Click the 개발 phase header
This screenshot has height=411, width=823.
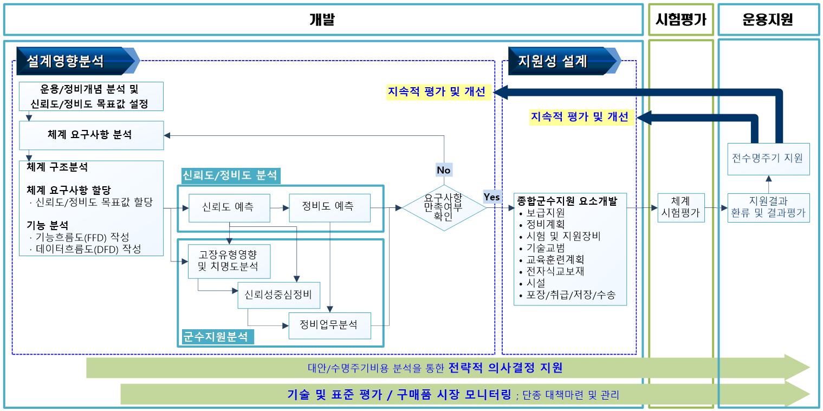tap(323, 20)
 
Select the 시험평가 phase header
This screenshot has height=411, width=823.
tap(681, 20)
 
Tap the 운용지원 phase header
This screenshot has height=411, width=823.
tap(768, 20)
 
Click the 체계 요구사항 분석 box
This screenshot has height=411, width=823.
tap(91, 135)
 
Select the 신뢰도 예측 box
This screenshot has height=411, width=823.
tap(229, 207)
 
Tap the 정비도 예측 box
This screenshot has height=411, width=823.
tap(329, 207)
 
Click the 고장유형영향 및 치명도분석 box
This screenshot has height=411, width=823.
tap(229, 261)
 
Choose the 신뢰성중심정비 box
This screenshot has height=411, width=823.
tap(278, 295)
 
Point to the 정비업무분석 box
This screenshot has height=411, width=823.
tap(329, 325)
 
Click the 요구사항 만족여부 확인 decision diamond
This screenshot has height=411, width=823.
tap(444, 207)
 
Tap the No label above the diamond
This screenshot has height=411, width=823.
tap(444, 170)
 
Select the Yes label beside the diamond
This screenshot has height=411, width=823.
tap(492, 197)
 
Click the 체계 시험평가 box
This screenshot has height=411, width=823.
tap(681, 208)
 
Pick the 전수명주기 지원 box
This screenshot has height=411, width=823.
tap(768, 159)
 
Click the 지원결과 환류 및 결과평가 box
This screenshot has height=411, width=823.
tap(768, 208)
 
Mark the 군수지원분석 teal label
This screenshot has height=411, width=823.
tap(216, 337)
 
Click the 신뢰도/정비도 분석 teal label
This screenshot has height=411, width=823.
tap(230, 175)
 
